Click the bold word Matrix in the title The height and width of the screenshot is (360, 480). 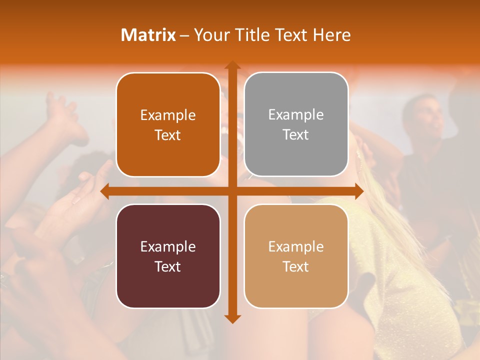click(x=148, y=35)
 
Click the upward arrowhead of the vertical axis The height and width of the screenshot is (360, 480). click(x=232, y=65)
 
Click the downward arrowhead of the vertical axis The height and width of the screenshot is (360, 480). click(x=232, y=318)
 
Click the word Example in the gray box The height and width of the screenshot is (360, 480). click(x=296, y=115)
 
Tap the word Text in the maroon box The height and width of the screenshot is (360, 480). click(x=167, y=266)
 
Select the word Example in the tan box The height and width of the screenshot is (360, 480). click(x=296, y=246)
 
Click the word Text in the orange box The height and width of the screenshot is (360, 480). click(x=167, y=135)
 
